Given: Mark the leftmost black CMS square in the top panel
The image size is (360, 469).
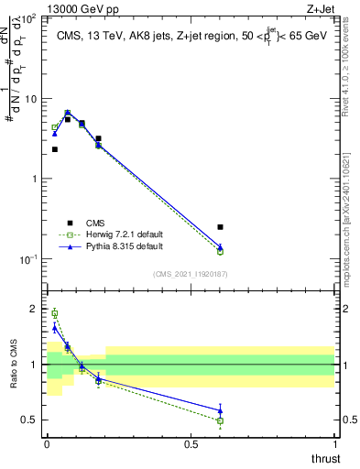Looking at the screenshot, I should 55,149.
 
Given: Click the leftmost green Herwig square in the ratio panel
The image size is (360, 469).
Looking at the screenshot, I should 55,313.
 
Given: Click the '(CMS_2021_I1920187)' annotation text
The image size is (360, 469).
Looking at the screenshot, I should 191,273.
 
